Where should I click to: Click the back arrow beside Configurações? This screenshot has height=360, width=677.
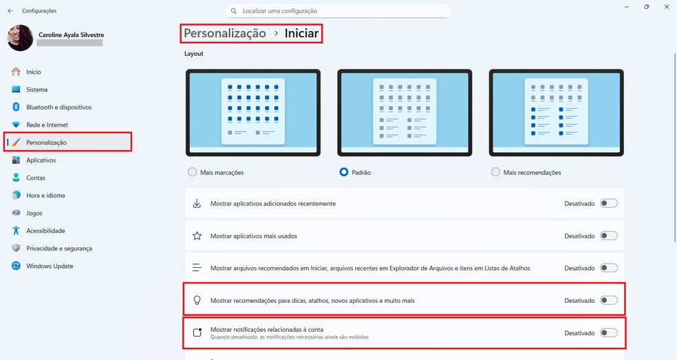coord(10,11)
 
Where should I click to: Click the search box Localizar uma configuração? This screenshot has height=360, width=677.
coord(338,11)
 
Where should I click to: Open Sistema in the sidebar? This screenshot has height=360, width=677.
coord(36,89)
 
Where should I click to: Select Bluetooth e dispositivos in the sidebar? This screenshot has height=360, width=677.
coord(58,107)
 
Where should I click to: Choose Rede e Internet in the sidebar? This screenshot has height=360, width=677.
coord(47,125)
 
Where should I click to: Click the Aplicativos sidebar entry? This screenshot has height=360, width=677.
coord(41,160)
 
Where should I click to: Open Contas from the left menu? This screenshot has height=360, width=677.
coord(36,178)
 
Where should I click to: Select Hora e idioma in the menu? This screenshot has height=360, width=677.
coord(45,195)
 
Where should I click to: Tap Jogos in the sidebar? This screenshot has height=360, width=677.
coord(34,213)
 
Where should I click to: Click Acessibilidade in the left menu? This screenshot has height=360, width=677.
coord(45,231)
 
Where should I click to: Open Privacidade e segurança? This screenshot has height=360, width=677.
coord(58,248)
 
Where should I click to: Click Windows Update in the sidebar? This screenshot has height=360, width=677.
coord(50,266)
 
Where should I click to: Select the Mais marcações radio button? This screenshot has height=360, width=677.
coord(191,172)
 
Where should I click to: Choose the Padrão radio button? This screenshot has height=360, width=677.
coord(344,172)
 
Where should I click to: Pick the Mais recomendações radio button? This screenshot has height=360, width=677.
coord(495,172)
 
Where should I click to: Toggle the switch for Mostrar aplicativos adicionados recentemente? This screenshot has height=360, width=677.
coord(608,204)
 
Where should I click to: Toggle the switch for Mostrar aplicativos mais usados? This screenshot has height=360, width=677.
coord(608,236)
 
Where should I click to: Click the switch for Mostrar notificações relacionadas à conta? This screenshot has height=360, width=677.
coord(608,333)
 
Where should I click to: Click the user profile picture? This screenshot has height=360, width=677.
coord(20,38)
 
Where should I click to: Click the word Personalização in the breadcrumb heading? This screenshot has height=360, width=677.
coord(224,33)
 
